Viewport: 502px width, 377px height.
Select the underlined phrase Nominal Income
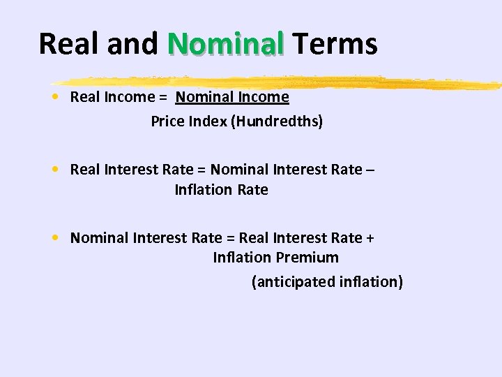tap(232, 97)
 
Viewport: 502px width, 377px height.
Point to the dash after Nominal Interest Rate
tap(370, 170)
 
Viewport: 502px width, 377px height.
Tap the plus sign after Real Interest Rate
tap(370, 238)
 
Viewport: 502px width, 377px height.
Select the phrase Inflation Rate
tap(221, 190)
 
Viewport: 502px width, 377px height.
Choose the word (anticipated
tap(284, 282)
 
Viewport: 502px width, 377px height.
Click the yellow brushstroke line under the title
tap(279, 82)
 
